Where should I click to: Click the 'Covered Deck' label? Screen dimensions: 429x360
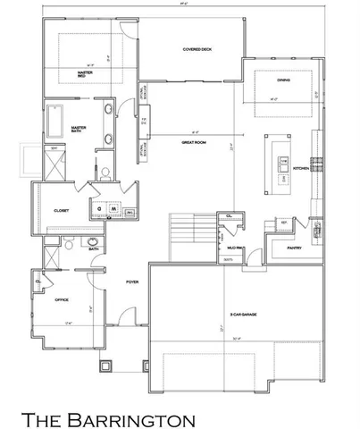[197, 50]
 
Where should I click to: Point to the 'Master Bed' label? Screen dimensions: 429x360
[86, 74]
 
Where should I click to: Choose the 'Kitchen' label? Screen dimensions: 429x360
[301, 167]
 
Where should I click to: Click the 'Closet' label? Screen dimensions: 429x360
[62, 210]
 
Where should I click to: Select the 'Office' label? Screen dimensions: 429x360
[62, 299]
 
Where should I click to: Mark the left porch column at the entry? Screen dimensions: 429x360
[107, 364]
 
